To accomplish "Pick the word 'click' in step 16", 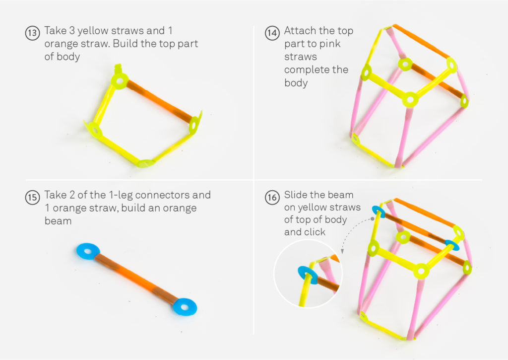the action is (x=314, y=232).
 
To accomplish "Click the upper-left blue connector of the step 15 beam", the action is (x=88, y=251).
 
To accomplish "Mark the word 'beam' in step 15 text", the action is (x=58, y=220).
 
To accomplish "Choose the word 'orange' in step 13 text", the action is (x=62, y=44).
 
